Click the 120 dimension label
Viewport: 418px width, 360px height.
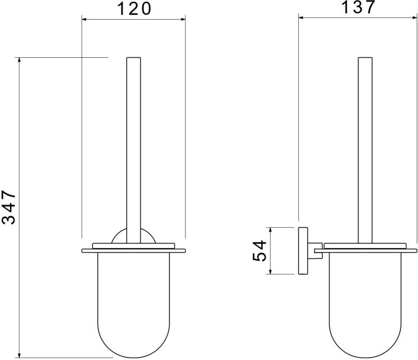(x=134, y=8)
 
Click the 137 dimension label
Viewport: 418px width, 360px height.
(x=358, y=7)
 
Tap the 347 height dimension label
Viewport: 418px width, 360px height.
(x=9, y=207)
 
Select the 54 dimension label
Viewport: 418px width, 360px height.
(x=259, y=251)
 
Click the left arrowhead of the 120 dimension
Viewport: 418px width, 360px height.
(x=84, y=19)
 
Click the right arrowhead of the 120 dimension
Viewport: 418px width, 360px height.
(x=183, y=19)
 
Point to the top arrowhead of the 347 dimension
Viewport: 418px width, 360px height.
(x=19, y=59)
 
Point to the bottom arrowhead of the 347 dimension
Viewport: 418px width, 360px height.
(x=19, y=356)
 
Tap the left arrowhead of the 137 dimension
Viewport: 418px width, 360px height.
(x=301, y=18)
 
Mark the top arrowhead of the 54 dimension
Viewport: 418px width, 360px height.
(x=270, y=230)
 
